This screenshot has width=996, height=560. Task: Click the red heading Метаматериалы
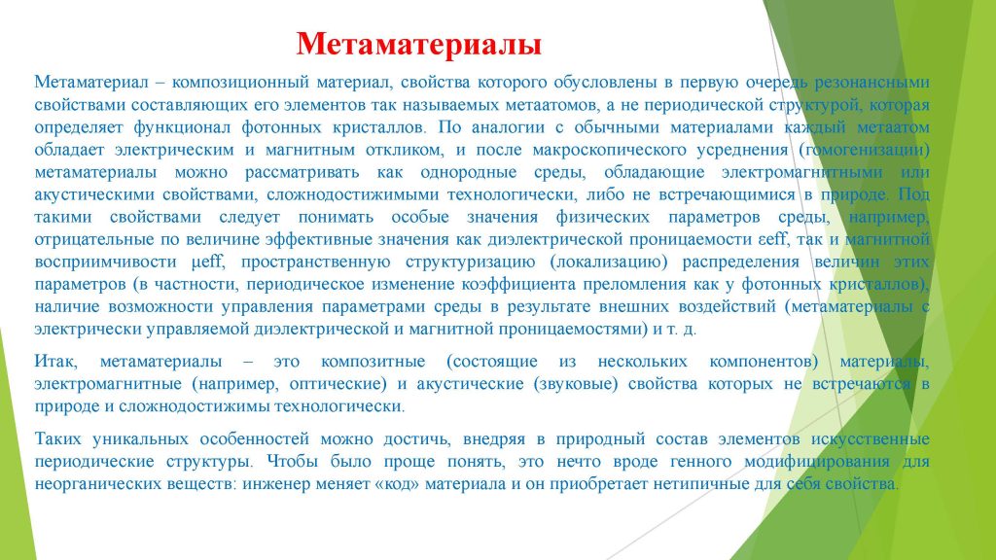click(418, 45)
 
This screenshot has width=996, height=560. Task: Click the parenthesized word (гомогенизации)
click(864, 150)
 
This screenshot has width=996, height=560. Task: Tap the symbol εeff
click(772, 239)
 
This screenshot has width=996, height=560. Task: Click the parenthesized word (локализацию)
click(611, 262)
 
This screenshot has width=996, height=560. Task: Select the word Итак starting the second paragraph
click(55, 362)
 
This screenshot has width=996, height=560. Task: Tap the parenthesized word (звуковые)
click(576, 384)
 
